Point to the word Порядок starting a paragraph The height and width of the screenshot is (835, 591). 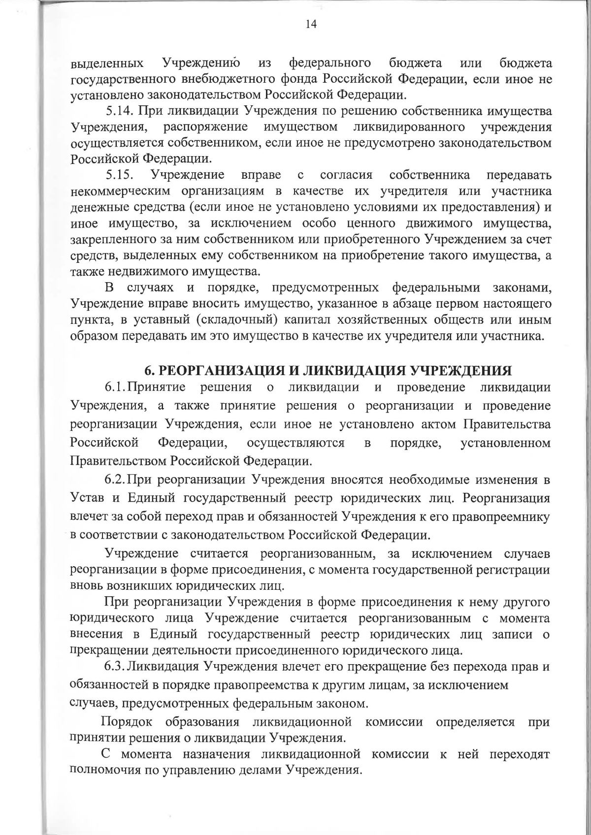point(126,722)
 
